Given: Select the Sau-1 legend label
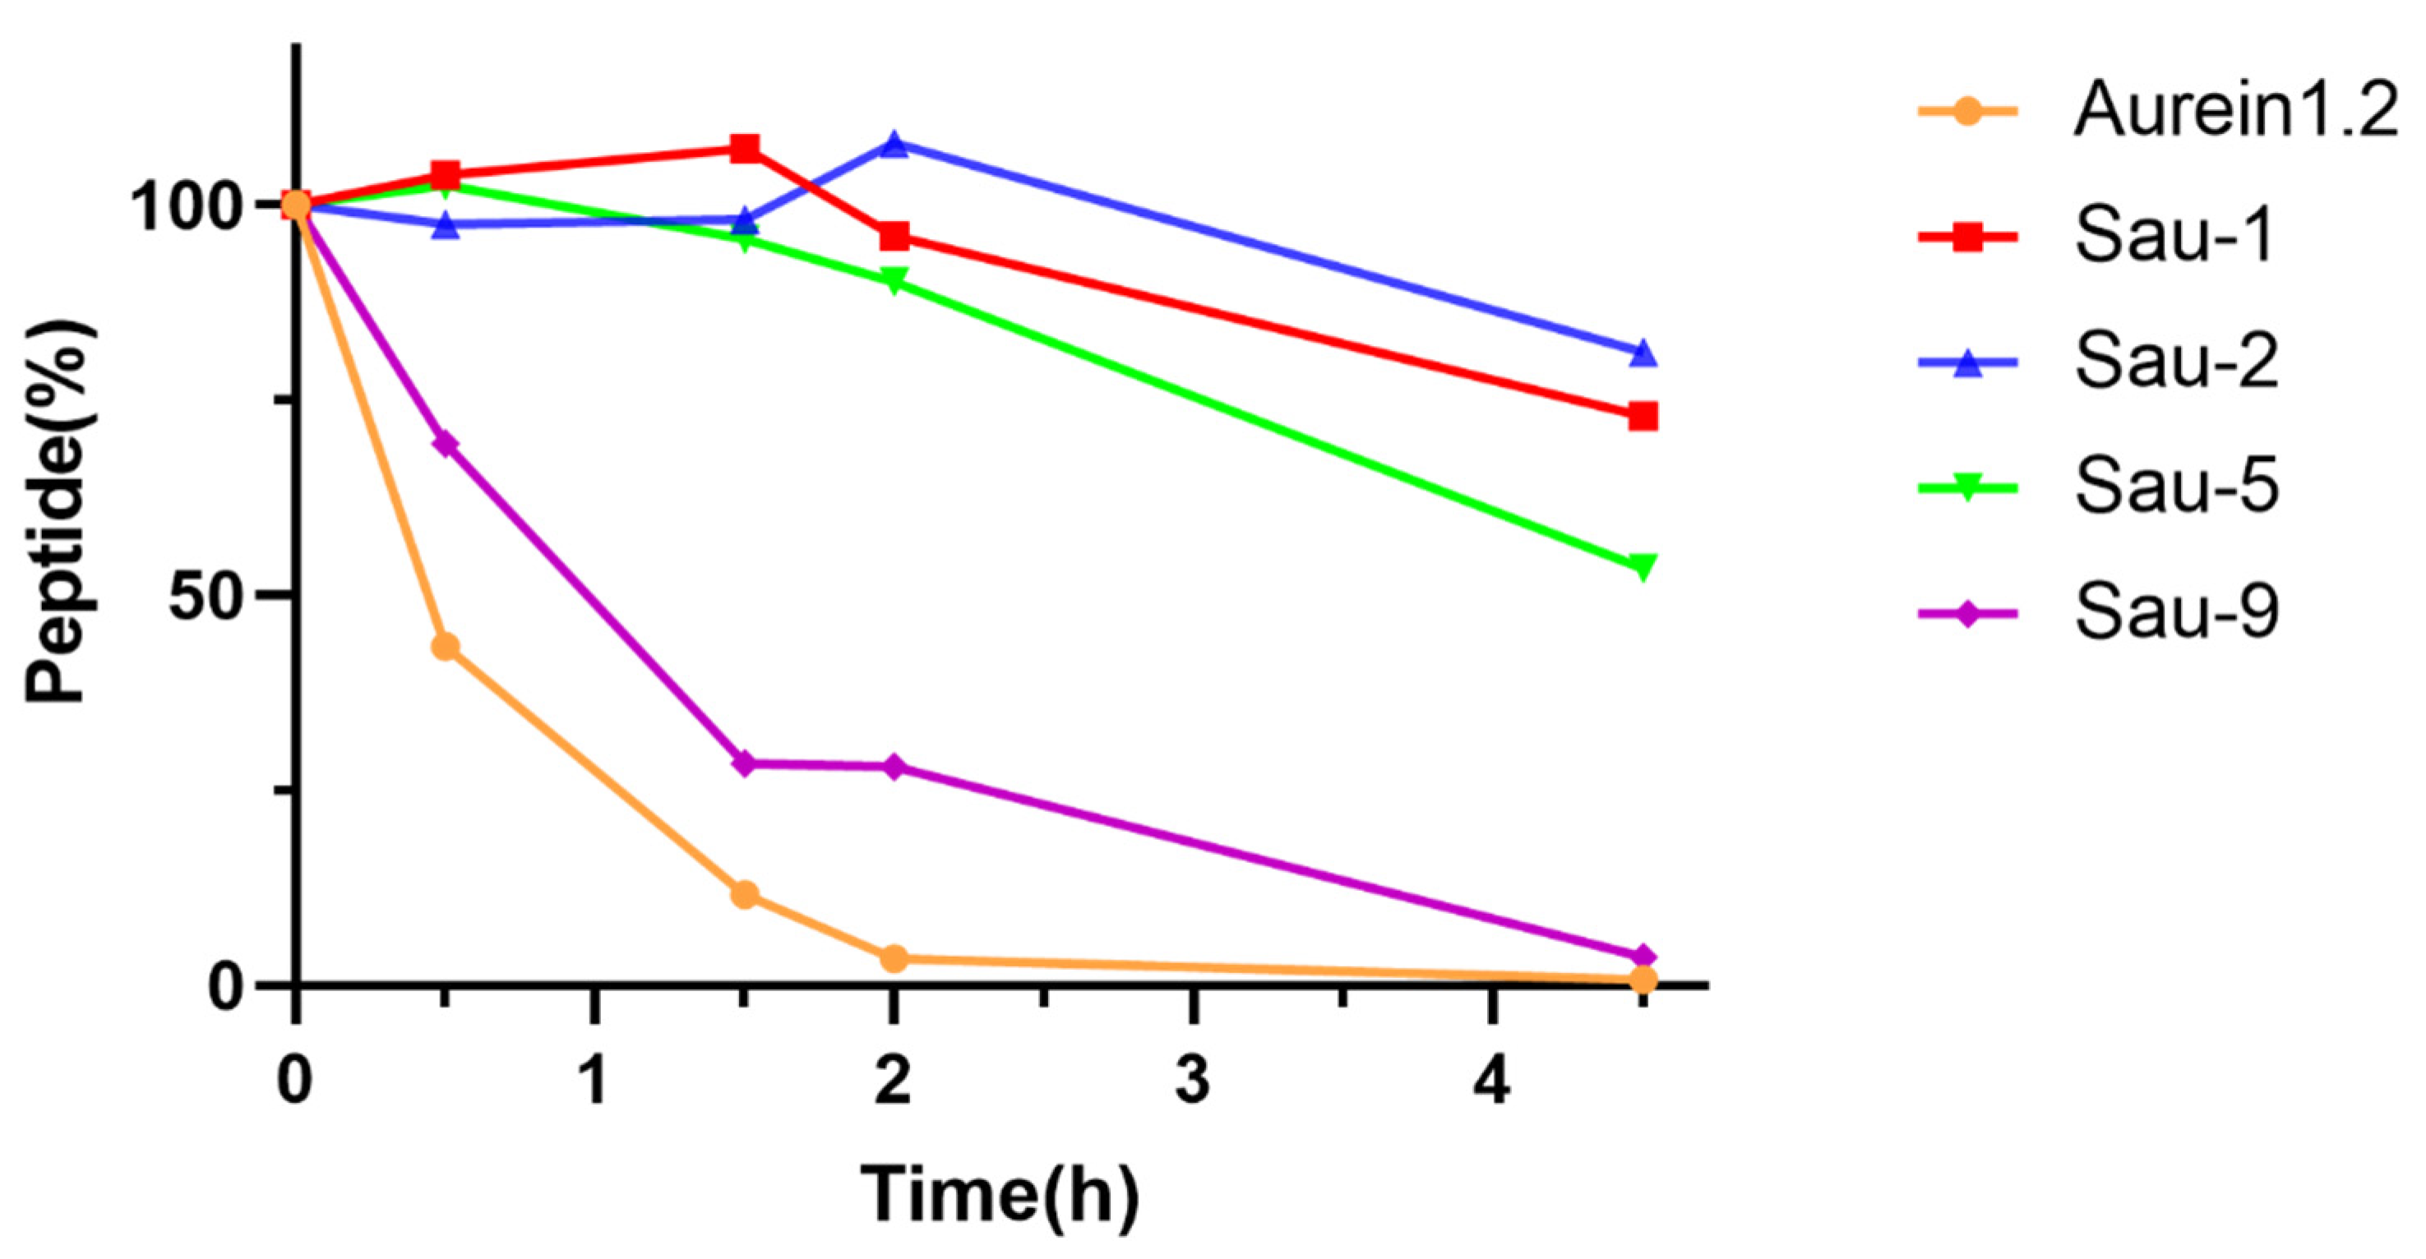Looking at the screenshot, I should (2174, 238).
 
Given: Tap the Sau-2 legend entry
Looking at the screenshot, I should (2176, 362).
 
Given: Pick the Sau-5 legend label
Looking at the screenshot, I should (2176, 487).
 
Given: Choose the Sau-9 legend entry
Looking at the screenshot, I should (2176, 612).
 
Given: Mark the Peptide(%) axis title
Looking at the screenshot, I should (58, 512).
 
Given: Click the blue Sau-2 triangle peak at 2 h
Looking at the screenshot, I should (894, 144).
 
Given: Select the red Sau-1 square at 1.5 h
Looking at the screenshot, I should (745, 148).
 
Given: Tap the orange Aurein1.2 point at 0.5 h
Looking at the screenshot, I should (446, 647).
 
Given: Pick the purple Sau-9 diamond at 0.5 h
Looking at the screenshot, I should (446, 444).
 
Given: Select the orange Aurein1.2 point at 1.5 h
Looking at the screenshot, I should (745, 893).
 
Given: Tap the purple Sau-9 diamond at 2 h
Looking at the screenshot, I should (894, 767).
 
